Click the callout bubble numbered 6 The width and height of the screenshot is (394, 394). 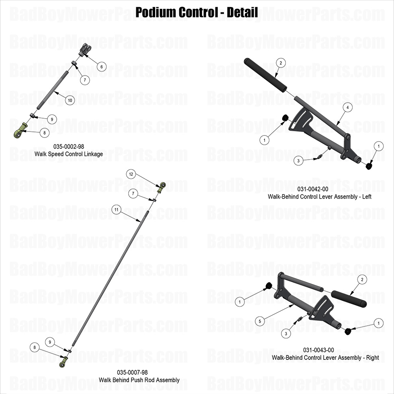[x=101, y=66]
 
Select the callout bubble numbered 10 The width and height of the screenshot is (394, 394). [x=70, y=100]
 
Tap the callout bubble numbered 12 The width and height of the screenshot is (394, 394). [x=131, y=174]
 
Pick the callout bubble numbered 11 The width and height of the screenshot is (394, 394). [x=117, y=209]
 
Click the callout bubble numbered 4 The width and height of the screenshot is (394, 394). [x=347, y=107]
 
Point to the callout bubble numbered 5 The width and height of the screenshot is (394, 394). [x=260, y=321]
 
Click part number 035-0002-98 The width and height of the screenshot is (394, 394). [x=69, y=147]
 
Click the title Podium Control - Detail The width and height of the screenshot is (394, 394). [x=197, y=12]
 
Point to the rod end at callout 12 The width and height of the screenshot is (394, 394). [x=162, y=186]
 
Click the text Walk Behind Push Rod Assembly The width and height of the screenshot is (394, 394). [x=139, y=380]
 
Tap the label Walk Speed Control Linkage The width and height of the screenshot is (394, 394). [x=69, y=154]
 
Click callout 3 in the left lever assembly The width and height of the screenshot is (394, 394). [x=298, y=161]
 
